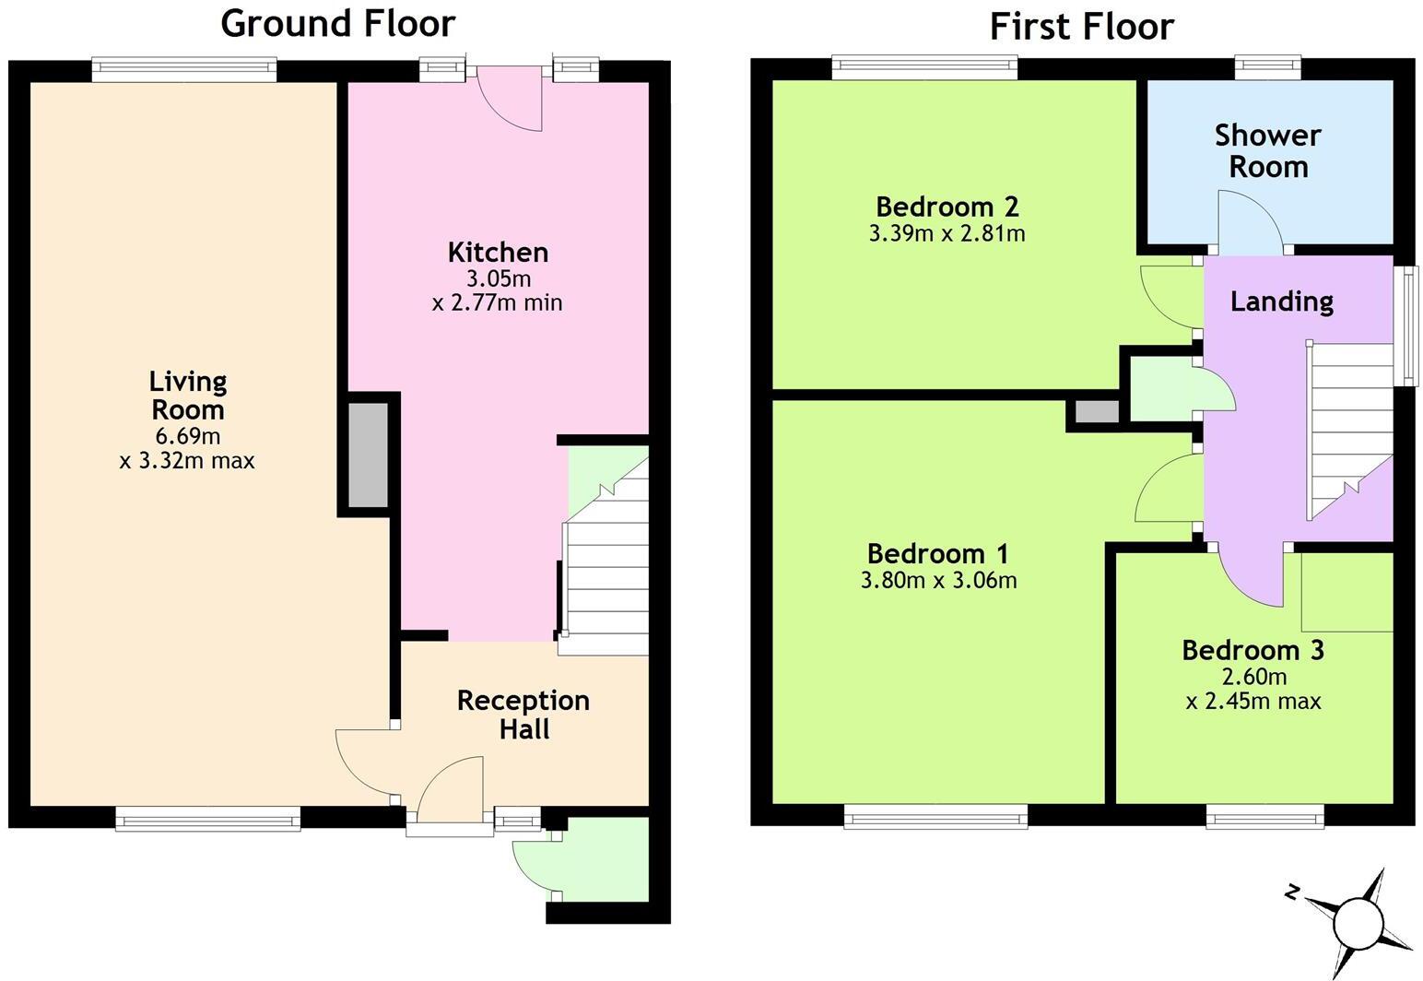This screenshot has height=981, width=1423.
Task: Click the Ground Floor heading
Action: [x=337, y=23]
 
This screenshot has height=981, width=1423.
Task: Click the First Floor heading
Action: [x=1081, y=27]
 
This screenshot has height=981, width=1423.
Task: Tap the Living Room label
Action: [x=188, y=395]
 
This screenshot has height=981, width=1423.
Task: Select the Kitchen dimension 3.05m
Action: [x=498, y=278]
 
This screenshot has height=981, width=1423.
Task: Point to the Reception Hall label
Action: [x=523, y=715]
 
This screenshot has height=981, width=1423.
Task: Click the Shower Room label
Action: [x=1268, y=150]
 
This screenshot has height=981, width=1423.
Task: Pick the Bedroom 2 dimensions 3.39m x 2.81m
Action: [x=947, y=233]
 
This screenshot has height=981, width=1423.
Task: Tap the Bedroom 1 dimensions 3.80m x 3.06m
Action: [x=938, y=580]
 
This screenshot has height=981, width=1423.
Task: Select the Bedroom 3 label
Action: [x=1252, y=650]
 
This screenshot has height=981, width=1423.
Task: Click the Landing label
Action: [x=1281, y=301]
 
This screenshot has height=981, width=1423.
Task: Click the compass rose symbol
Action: [x=1357, y=920]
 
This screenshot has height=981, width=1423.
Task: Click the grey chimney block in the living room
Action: [x=367, y=455]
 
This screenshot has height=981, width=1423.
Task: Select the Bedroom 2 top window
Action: [x=924, y=66]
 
